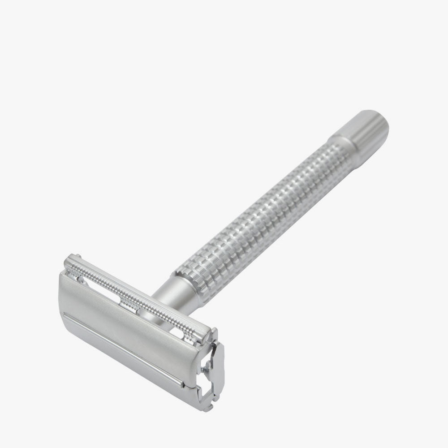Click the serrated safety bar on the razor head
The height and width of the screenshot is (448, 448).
pyautogui.click(x=139, y=296)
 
